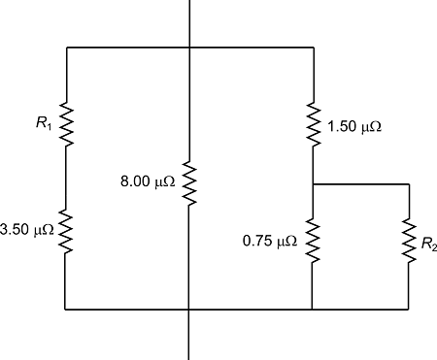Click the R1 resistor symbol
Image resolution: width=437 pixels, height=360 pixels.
pos(66,123)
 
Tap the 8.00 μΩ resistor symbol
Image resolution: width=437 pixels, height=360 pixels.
pos(189,183)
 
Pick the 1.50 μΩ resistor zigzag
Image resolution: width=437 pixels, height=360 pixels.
pos(313,124)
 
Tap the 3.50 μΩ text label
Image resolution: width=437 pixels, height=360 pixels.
pos(27,230)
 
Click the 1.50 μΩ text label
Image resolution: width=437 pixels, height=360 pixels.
pos(356,126)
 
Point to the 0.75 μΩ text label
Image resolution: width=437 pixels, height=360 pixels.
pos(270,240)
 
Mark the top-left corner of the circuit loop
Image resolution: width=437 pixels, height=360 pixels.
pos(66,47)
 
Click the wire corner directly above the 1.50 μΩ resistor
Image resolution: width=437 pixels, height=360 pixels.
pos(313,47)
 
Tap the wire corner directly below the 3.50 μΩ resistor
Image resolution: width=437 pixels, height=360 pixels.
pos(66,310)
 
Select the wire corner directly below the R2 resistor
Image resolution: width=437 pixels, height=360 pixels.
pos(408,310)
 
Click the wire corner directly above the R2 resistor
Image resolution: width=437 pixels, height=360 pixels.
pos(408,183)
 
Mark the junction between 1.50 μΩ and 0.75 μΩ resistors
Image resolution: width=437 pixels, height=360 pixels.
pos(313,183)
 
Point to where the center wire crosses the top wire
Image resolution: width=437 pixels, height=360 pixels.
pos(189,47)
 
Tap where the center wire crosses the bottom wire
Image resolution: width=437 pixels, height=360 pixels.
pos(189,310)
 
